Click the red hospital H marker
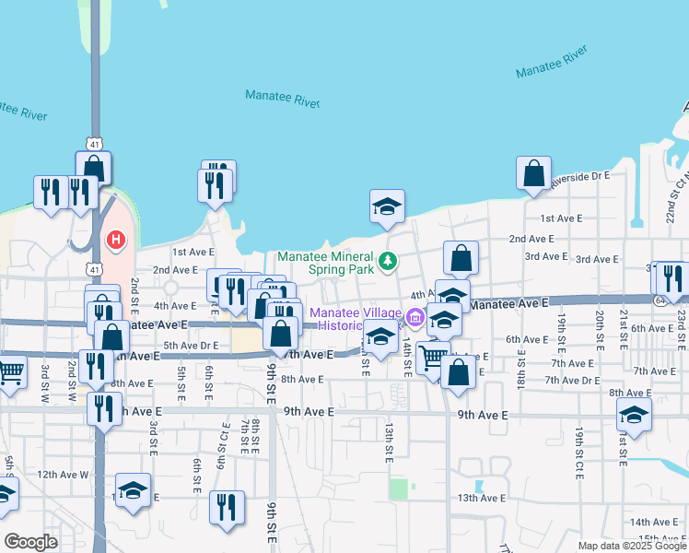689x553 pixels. click(116, 241)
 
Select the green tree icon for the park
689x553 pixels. click(389, 262)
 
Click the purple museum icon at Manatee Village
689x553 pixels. click(414, 319)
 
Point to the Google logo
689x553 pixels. click(31, 542)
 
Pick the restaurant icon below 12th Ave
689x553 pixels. click(227, 506)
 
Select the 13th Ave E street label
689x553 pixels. click(481, 498)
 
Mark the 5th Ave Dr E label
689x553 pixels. click(191, 346)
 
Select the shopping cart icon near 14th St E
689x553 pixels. click(433, 357)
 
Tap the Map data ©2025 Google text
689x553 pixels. click(632, 546)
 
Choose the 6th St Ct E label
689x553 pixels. click(223, 445)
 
